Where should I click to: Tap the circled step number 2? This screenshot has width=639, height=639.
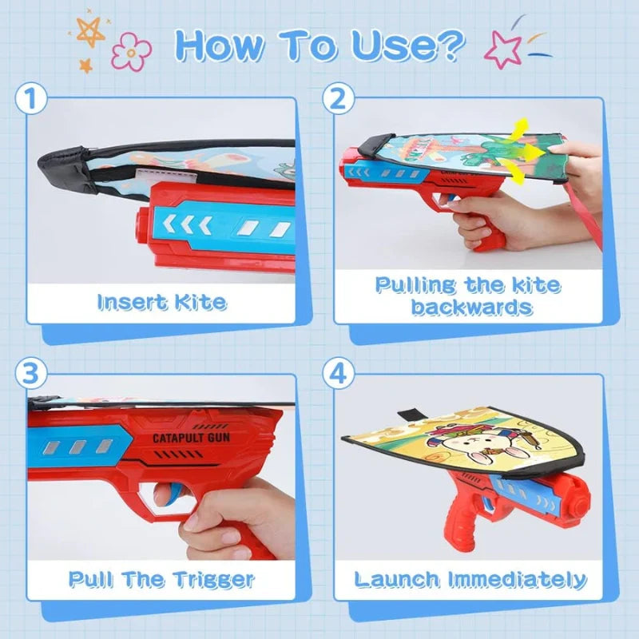pos(336,101)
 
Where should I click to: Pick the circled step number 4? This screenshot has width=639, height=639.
pos(336,373)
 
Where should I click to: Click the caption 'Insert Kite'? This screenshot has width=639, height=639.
pos(161,302)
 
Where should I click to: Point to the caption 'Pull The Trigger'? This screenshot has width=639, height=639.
pos(161,578)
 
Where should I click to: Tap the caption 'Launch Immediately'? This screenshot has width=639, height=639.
pos(470,578)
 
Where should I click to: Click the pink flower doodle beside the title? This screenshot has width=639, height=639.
pos(131,51)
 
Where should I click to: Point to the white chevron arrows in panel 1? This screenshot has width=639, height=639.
pos(191,227)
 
